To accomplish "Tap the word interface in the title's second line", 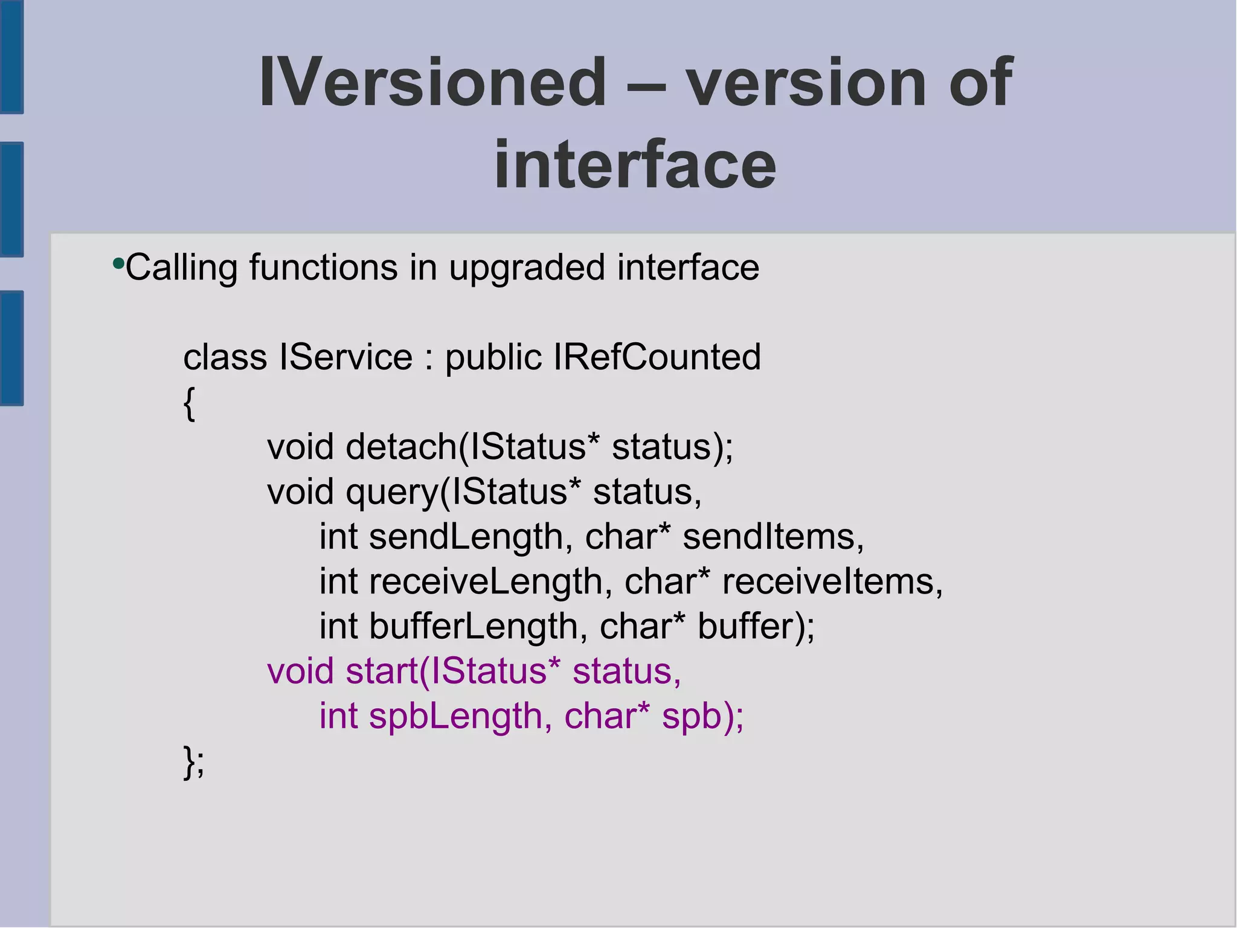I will [x=635, y=164].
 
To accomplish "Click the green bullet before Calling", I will [x=118, y=264].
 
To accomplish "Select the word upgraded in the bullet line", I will [x=527, y=267].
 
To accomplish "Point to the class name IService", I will [x=345, y=357].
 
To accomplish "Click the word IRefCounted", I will [x=657, y=357].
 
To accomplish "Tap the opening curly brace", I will [x=189, y=403].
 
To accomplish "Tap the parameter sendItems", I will [x=773, y=537].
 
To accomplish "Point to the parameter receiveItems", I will [x=832, y=581].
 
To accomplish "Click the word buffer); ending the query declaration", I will [x=756, y=626].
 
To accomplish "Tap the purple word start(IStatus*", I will [x=453, y=671].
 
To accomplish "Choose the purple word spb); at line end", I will [x=703, y=716].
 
